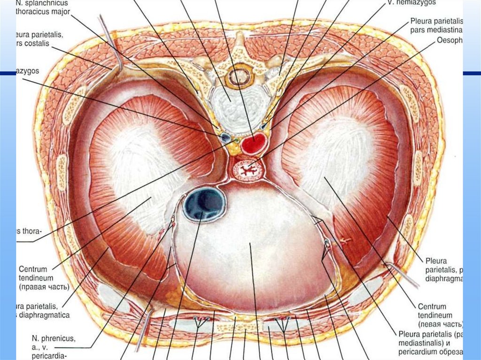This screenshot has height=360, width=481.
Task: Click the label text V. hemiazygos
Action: point(411,2)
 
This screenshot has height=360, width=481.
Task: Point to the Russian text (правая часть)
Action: point(44,286)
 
